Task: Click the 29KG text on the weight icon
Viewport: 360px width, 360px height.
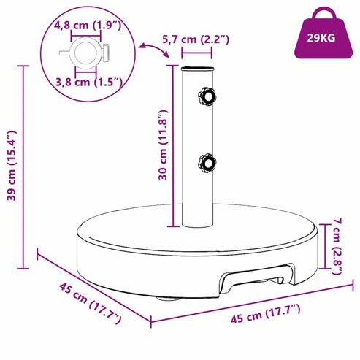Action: [321, 38]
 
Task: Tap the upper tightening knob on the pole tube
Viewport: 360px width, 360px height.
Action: [207, 97]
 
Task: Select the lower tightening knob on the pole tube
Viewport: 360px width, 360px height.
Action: [207, 163]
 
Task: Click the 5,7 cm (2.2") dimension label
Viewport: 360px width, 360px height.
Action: [196, 39]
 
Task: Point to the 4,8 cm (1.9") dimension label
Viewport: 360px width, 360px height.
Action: [88, 26]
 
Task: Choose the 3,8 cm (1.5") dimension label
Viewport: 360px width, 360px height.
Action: [89, 82]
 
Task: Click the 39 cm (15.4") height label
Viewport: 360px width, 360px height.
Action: [12, 166]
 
